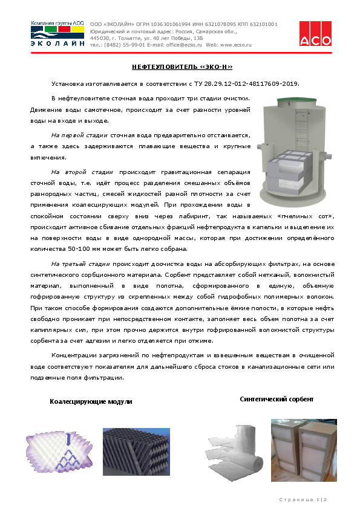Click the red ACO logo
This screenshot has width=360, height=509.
[315, 33]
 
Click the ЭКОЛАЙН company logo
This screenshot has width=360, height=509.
[57, 34]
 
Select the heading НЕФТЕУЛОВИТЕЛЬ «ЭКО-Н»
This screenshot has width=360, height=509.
[182, 67]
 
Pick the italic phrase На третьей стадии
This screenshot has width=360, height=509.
[80, 264]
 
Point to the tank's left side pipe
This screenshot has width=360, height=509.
[263, 146]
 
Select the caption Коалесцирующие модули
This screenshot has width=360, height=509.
[91, 401]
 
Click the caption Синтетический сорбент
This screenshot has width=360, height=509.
[277, 400]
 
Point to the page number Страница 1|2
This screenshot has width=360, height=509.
[302, 499]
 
